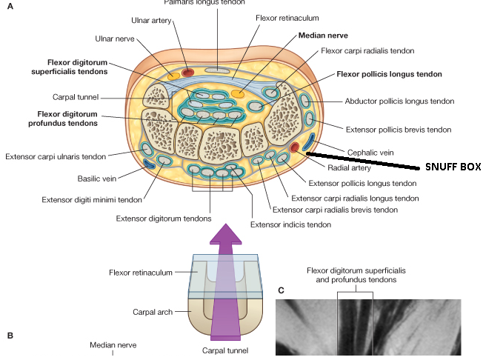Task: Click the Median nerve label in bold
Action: [323, 35]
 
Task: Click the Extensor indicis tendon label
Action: [290, 224]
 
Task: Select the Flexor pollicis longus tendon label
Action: [389, 74]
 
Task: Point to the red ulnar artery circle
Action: [187, 73]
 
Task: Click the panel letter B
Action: [10, 336]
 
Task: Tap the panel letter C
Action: [279, 290]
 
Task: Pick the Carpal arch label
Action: [153, 313]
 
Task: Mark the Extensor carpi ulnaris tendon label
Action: [55, 156]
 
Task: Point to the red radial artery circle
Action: [295, 147]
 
